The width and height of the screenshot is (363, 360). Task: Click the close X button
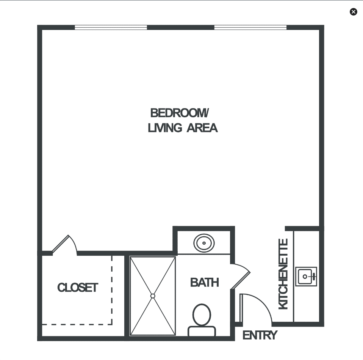(353, 12)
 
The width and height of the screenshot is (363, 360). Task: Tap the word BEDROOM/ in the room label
(180, 113)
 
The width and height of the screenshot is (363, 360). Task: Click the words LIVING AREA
(183, 128)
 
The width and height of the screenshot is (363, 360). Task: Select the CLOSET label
(78, 288)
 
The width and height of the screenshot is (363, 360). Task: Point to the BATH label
(204, 283)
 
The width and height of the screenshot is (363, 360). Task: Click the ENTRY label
(260, 336)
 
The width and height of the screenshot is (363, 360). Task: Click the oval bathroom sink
(204, 243)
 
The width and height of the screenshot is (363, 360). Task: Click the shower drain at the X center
(153, 296)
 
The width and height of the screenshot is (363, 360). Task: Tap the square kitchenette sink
(306, 277)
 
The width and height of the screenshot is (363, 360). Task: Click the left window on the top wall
(111, 27)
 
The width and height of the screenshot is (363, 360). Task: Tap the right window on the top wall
(250, 27)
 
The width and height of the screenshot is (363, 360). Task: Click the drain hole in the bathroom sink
(204, 243)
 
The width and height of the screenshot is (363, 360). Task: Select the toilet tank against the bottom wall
(202, 331)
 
